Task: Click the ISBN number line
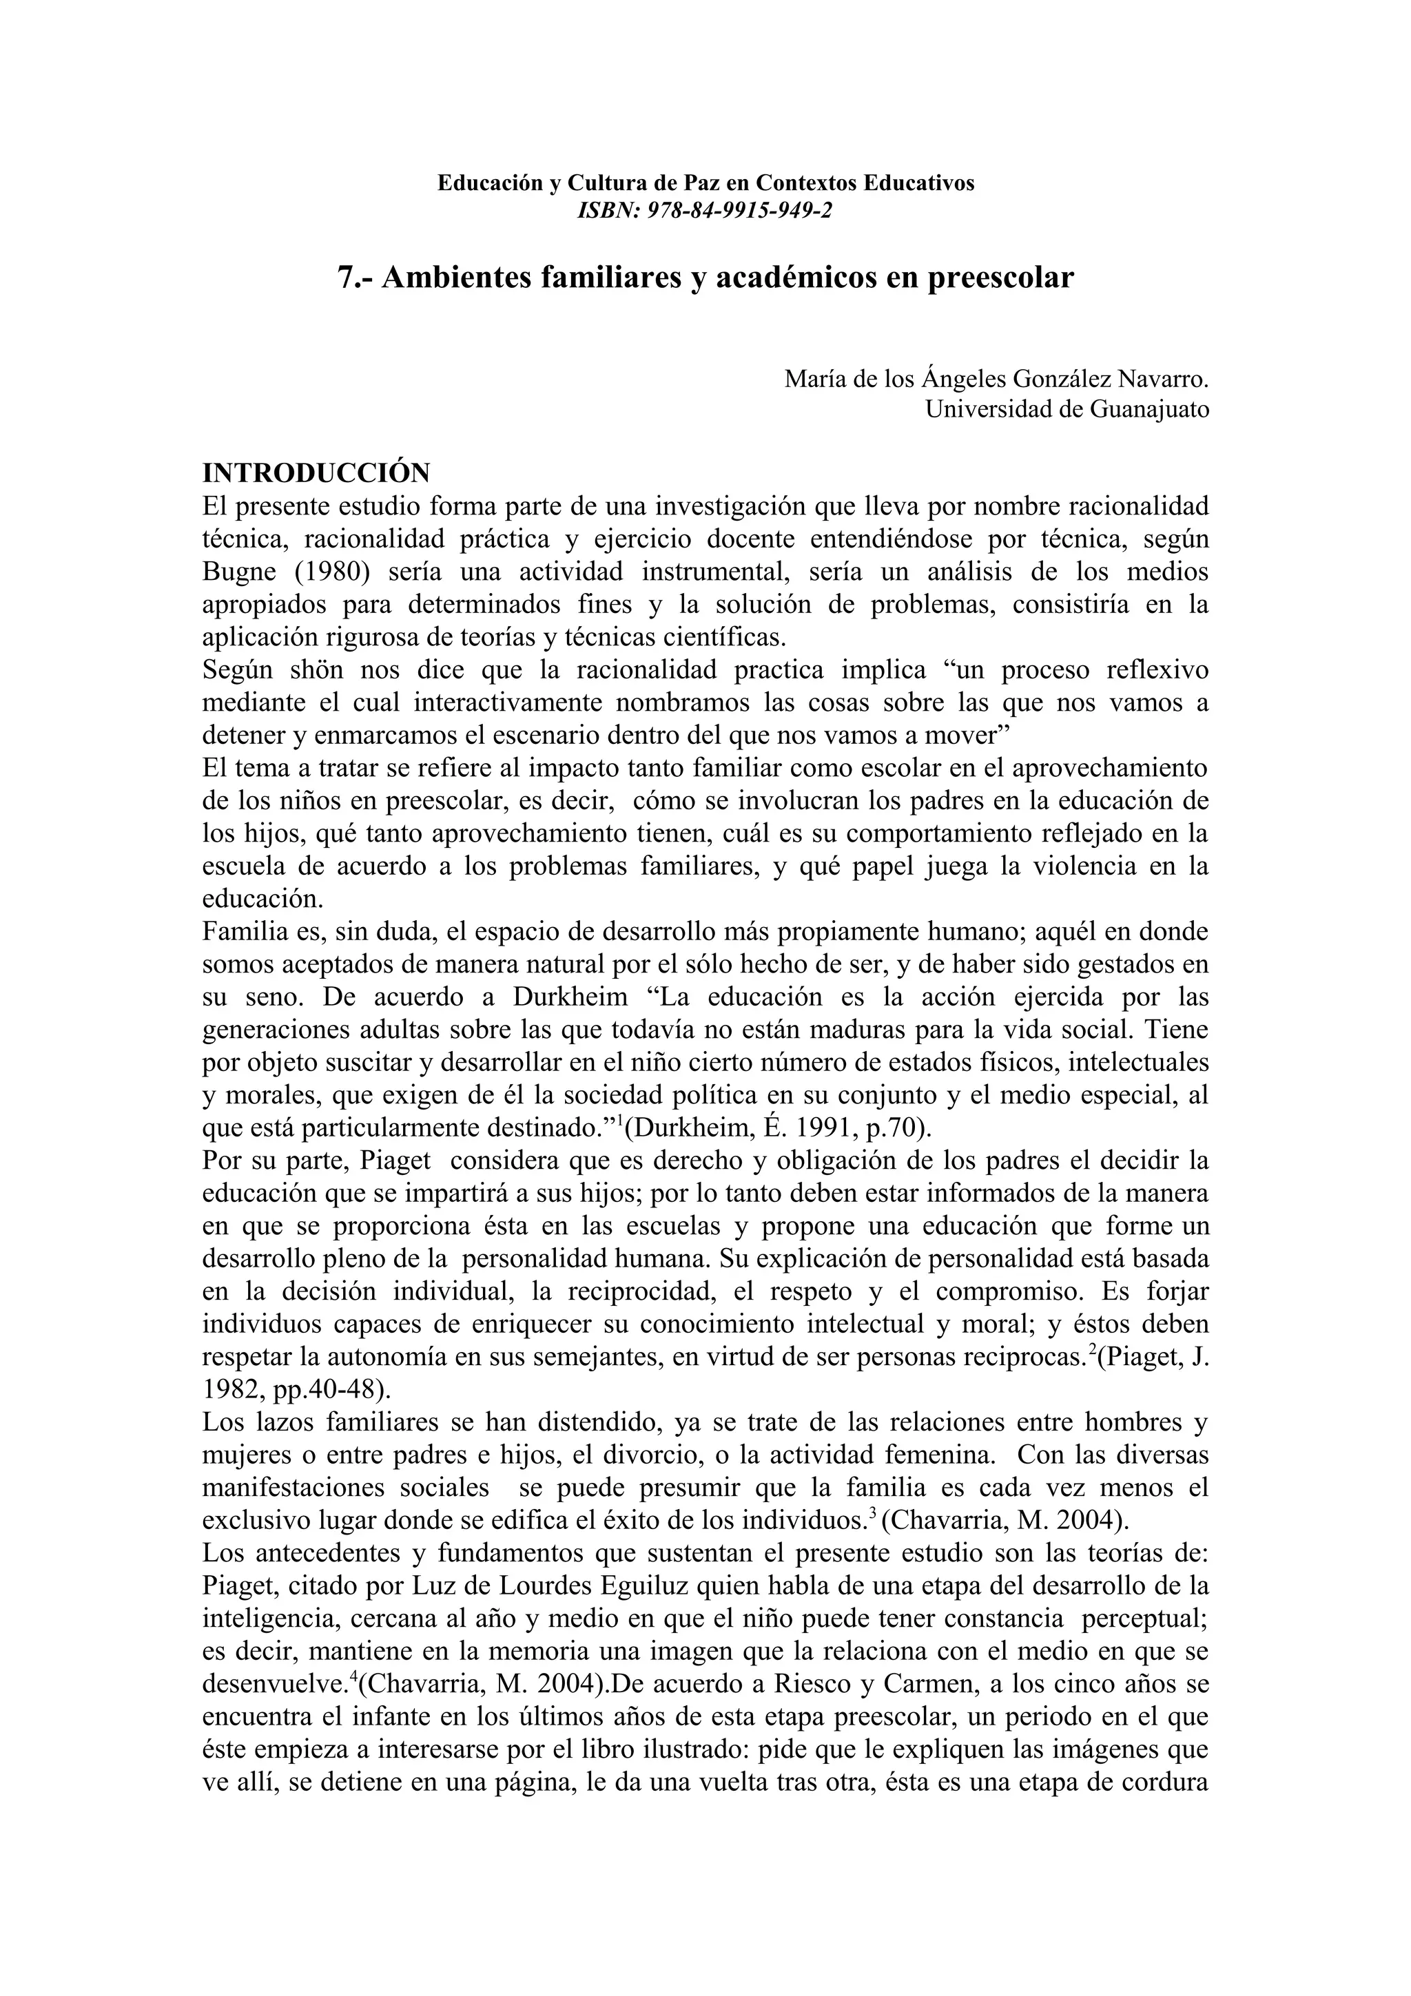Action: [705, 210]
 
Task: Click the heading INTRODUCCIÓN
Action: [316, 474]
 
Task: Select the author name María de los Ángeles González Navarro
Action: [996, 380]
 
